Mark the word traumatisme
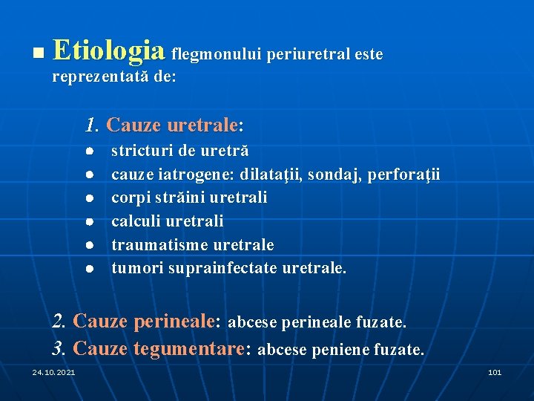159,244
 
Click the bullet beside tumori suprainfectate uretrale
88,267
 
